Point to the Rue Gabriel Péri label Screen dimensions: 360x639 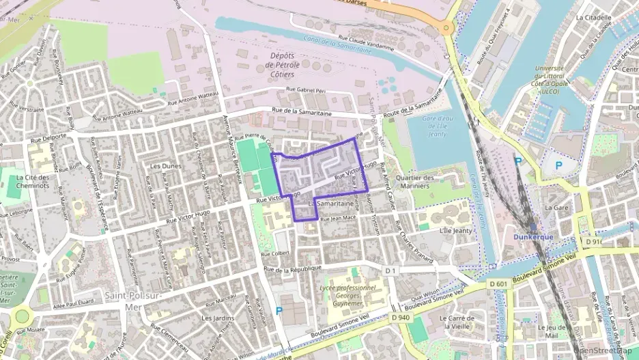(x=308, y=89)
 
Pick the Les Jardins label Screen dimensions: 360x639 (x=218, y=318)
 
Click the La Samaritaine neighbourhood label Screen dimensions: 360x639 (x=334, y=204)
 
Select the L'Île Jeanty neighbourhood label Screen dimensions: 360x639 (x=457, y=232)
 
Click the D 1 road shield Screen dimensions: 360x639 (x=390, y=271)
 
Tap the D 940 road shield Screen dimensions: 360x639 (x=401, y=318)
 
